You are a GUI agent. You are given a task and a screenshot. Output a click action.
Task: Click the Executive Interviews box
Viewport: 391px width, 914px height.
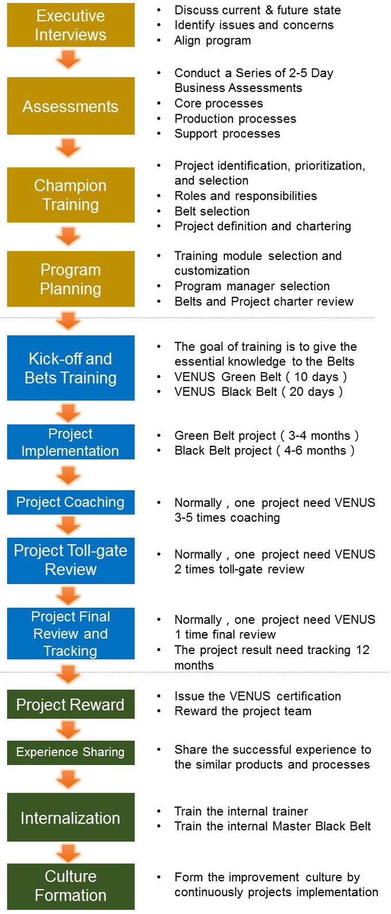[71, 25]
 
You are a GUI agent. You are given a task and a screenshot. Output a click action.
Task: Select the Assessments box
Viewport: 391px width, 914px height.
[71, 106]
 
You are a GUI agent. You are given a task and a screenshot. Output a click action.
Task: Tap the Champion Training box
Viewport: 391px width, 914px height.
[71, 195]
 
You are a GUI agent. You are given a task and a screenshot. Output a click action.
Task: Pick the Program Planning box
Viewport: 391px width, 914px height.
[71, 279]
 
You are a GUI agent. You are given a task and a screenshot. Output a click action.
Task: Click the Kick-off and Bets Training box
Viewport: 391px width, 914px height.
[71, 368]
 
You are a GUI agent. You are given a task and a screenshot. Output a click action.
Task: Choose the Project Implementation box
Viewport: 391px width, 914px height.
[71, 442]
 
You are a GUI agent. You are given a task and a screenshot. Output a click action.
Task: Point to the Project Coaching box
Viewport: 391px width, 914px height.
[71, 502]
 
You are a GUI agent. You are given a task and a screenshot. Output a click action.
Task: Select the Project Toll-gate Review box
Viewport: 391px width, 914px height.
[71, 561]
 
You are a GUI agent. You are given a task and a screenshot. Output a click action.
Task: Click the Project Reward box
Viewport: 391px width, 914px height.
[71, 704]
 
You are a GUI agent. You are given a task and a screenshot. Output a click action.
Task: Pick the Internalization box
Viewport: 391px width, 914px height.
[71, 817]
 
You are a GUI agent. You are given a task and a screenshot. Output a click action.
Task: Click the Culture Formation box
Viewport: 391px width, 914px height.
[71, 886]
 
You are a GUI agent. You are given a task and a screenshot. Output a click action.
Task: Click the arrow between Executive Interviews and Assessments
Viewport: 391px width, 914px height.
[68, 60]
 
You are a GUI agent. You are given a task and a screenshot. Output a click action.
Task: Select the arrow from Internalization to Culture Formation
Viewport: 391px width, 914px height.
[68, 853]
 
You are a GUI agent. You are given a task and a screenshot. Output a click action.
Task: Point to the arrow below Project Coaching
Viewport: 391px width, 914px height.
[68, 526]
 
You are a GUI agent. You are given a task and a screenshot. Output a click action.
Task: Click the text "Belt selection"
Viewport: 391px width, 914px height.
[212, 211]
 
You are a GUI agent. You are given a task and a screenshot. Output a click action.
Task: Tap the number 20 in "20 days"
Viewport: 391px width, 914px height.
[296, 392]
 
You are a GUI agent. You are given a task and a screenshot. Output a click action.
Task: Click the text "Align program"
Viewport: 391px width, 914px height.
[212, 41]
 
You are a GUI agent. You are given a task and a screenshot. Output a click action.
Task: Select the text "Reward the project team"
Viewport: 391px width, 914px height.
[243, 711]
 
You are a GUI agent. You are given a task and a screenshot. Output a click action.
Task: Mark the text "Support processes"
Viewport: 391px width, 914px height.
[228, 134]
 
